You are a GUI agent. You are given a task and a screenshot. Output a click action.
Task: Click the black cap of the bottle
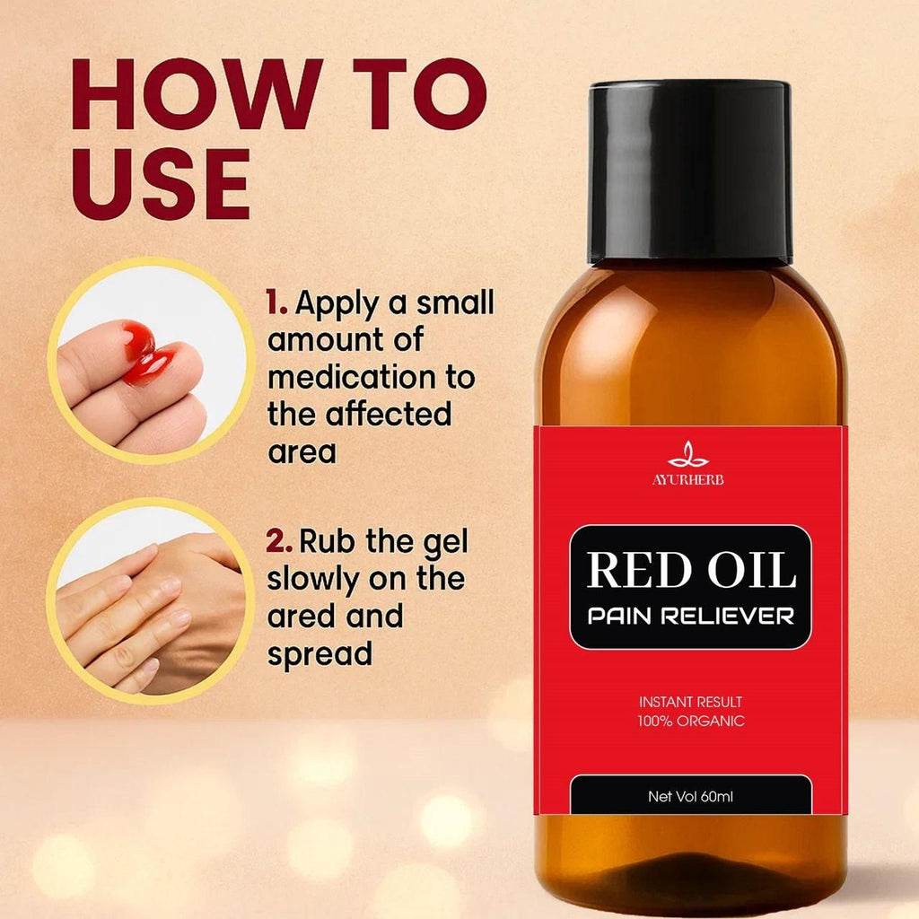[690, 171]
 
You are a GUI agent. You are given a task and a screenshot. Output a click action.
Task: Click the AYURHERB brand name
[687, 479]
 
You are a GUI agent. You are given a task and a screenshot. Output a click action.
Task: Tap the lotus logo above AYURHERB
[687, 456]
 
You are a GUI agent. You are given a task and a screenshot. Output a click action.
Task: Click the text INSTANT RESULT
[690, 702]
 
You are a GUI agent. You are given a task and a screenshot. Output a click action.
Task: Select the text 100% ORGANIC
[690, 721]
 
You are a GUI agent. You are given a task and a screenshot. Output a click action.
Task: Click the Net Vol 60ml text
[690, 796]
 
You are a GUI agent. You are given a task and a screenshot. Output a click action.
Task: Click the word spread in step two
[319, 654]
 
